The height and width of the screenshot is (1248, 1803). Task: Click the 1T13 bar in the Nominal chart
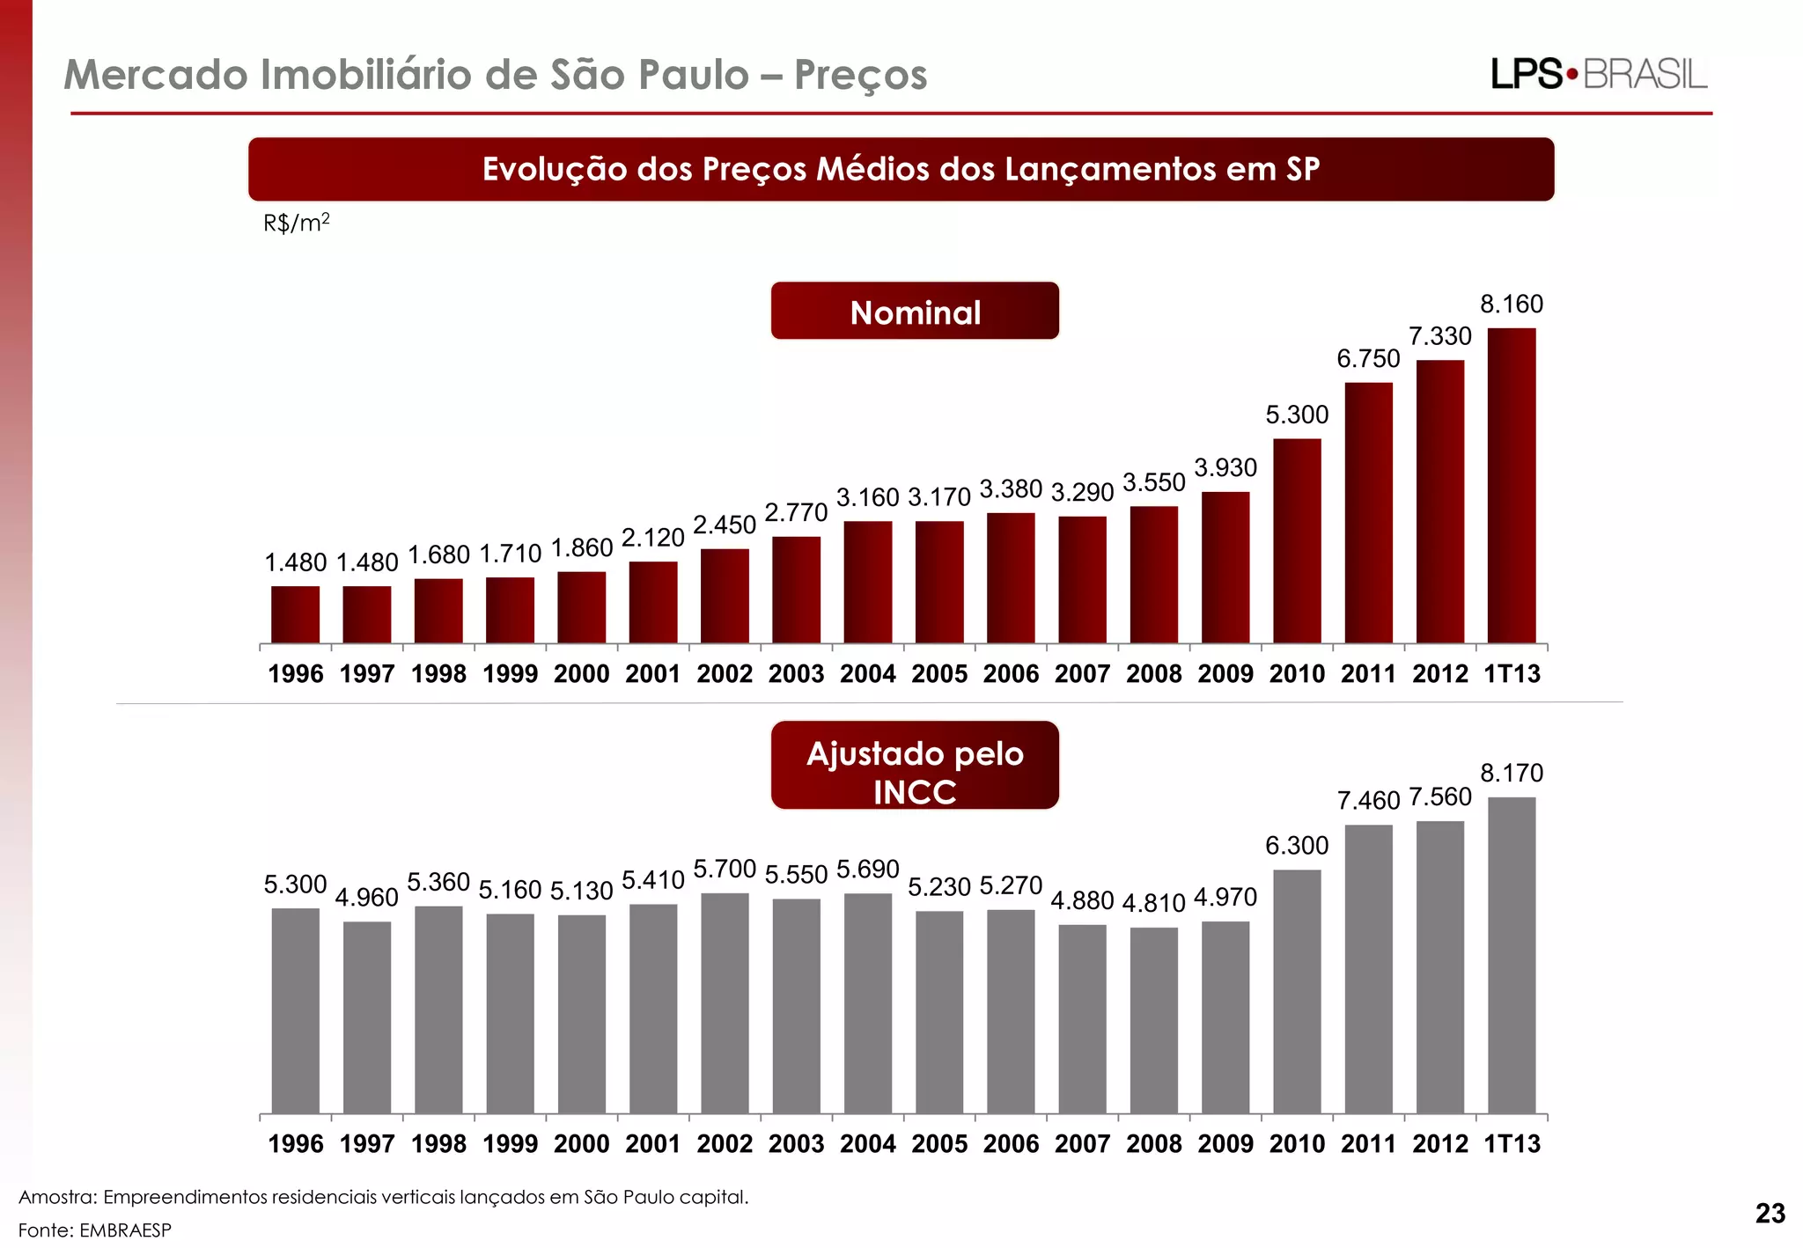1512,486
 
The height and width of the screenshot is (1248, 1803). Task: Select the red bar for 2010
1297,540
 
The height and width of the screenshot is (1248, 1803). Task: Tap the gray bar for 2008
1153,1020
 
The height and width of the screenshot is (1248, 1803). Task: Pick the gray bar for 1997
367,1017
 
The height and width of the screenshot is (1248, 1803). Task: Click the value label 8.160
1512,305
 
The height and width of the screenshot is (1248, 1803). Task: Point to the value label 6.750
1368,359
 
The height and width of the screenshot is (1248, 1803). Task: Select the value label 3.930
1225,468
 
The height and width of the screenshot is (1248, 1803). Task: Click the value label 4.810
1153,903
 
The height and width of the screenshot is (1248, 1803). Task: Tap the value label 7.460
1368,801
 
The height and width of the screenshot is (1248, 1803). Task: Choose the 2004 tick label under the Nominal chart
867,674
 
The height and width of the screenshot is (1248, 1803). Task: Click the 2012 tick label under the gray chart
1440,1144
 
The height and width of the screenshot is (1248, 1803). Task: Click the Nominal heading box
915,312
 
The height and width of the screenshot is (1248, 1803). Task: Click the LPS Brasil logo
1599,75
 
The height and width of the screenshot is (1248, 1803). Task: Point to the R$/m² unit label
296,223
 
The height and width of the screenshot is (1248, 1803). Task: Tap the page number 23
1770,1214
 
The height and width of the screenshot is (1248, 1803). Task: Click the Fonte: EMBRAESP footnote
95,1230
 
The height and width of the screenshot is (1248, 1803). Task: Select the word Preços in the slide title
860,75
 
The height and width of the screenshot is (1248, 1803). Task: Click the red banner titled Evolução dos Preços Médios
901,169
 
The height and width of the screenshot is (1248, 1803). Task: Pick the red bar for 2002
725,596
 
